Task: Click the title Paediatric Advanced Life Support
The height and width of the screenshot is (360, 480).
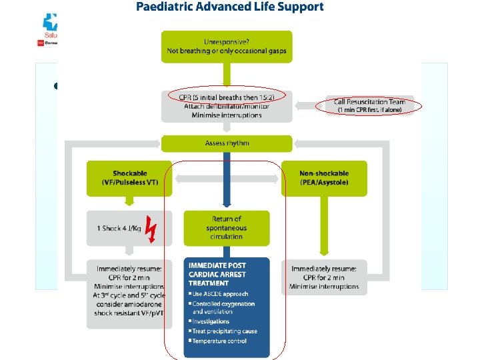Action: point(230,7)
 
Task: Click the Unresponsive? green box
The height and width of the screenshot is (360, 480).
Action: point(227,46)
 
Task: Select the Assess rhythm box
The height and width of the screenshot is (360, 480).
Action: point(227,143)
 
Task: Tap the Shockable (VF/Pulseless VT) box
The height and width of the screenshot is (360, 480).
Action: point(129,177)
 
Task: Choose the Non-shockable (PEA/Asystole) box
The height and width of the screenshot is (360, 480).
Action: point(324,177)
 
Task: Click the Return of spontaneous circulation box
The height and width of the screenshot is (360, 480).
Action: point(227,227)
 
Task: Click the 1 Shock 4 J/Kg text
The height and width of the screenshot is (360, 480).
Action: point(119,228)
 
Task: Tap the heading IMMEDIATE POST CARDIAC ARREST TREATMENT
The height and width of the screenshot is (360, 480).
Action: point(217,274)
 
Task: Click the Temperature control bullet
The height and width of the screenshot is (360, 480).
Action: point(219,341)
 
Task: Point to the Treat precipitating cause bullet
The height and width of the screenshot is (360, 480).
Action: point(225,331)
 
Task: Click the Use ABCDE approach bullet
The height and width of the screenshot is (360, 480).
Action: point(220,294)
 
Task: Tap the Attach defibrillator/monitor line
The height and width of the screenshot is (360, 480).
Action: point(227,105)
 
